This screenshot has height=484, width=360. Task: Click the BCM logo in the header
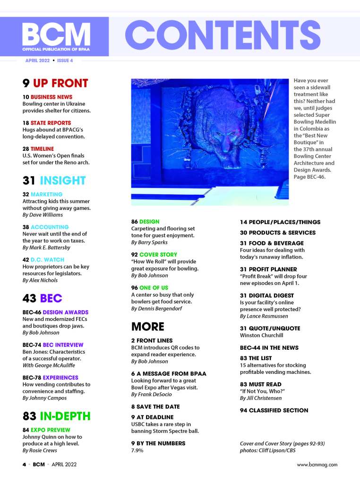pyautogui.click(x=56, y=34)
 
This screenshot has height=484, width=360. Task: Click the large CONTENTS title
pyautogui.click(x=223, y=35)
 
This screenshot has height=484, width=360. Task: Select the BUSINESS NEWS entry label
pyautogui.click(x=51, y=97)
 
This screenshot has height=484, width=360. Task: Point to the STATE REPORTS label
pyautogui.click(x=51, y=123)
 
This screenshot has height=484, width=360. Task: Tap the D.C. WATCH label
pyautogui.click(x=47, y=259)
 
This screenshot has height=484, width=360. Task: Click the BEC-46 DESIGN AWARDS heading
pyautogui.click(x=55, y=312)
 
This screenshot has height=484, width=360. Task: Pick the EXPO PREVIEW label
pyautogui.click(x=50, y=430)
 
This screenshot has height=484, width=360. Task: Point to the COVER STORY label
pyautogui.click(x=158, y=255)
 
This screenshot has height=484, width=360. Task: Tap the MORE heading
pyautogui.click(x=147, y=327)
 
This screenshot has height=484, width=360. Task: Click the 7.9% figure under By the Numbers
pyautogui.click(x=137, y=450)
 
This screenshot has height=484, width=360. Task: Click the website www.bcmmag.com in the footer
pyautogui.click(x=317, y=465)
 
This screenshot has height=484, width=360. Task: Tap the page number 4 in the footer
pyautogui.click(x=24, y=465)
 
